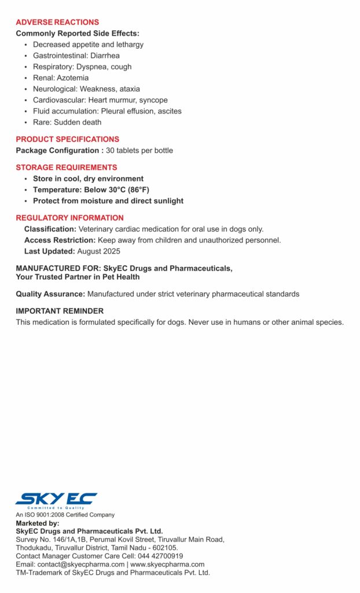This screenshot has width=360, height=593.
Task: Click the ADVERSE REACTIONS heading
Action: pos(57,22)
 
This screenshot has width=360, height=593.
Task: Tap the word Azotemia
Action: pos(74,78)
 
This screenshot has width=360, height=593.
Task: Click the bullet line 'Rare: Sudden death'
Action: pos(67,122)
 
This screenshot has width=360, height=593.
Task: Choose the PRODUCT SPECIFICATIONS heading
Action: pos(67,139)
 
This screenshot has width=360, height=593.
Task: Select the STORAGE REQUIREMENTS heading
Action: pos(66,167)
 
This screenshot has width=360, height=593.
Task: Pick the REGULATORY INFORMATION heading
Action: pos(69,218)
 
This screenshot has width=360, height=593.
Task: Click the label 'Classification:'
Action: pos(50,229)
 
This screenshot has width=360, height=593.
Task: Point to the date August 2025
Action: pos(99,251)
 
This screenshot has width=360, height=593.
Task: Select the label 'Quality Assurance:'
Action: pos(50,294)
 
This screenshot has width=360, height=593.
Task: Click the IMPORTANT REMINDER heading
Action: pos(60,311)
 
